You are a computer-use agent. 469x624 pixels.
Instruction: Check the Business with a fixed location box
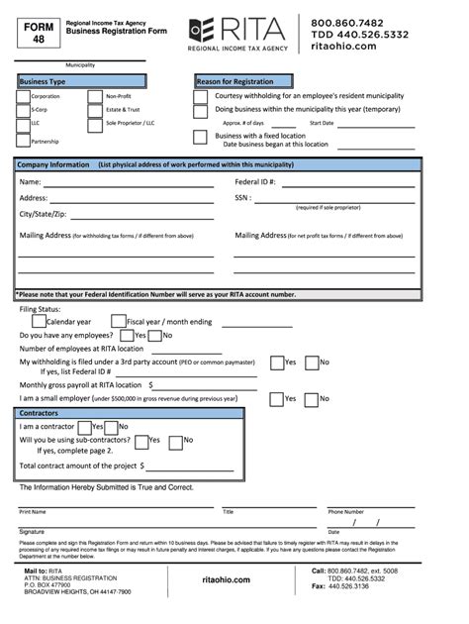point(201,138)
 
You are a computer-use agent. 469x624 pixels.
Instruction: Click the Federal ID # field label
point(254,182)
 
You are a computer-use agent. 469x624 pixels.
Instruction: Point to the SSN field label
point(242,197)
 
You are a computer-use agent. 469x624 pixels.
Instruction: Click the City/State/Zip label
point(43,214)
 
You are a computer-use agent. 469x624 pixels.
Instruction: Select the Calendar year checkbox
point(39,321)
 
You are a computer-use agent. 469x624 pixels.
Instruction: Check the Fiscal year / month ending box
point(118,321)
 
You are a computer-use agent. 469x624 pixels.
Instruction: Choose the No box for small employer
point(312,398)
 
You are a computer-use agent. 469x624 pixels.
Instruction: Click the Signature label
point(34,532)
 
